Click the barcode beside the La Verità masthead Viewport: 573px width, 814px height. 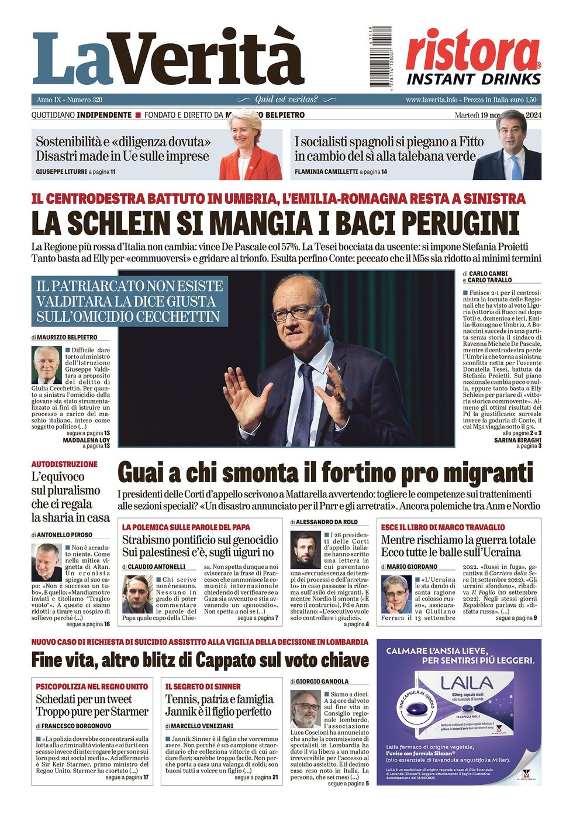pyautogui.click(x=372, y=57)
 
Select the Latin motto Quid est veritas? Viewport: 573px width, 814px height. pyautogui.click(x=286, y=99)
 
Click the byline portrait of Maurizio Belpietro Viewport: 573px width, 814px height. pyautogui.click(x=47, y=365)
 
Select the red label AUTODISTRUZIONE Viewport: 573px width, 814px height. pyautogui.click(x=64, y=464)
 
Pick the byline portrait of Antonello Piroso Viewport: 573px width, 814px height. pyautogui.click(x=47, y=562)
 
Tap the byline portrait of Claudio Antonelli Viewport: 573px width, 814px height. pyautogui.click(x=137, y=594)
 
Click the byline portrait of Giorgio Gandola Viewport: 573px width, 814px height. pyautogui.click(x=306, y=709)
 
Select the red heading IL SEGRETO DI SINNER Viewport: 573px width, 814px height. pyautogui.click(x=203, y=686)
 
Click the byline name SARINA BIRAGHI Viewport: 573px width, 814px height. pyautogui.click(x=517, y=440)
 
